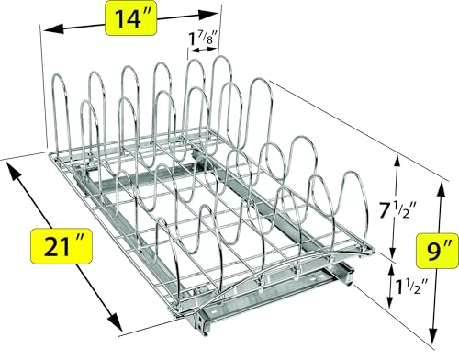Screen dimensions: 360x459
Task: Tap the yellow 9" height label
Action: tap(431, 247)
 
